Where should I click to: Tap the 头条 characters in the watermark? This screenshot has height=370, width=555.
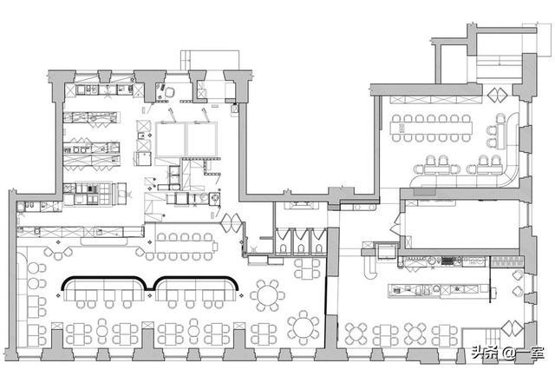click(x=484, y=353)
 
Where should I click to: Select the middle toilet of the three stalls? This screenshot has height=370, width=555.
click(x=301, y=248)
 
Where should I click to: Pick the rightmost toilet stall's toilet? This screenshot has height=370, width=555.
click(x=319, y=248)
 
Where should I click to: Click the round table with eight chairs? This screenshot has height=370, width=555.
click(x=304, y=327)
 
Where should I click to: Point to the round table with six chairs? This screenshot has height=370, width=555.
click(x=268, y=295)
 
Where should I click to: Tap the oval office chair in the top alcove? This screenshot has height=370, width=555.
click(x=170, y=92)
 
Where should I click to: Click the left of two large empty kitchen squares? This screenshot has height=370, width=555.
click(x=170, y=140)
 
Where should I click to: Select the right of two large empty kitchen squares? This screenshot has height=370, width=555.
click(x=202, y=140)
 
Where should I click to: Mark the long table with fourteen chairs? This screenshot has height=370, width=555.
click(x=432, y=128)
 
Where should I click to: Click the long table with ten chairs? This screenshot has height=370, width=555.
click(x=184, y=247)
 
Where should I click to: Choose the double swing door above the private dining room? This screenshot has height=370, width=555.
click(x=498, y=95)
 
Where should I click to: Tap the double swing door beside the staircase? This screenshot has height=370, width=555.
click(x=512, y=328)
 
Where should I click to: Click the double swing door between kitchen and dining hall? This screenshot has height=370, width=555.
click(x=232, y=223)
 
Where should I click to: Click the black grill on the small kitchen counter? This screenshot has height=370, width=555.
click(x=447, y=261)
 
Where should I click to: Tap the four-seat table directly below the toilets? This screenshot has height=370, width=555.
click(x=307, y=268)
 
